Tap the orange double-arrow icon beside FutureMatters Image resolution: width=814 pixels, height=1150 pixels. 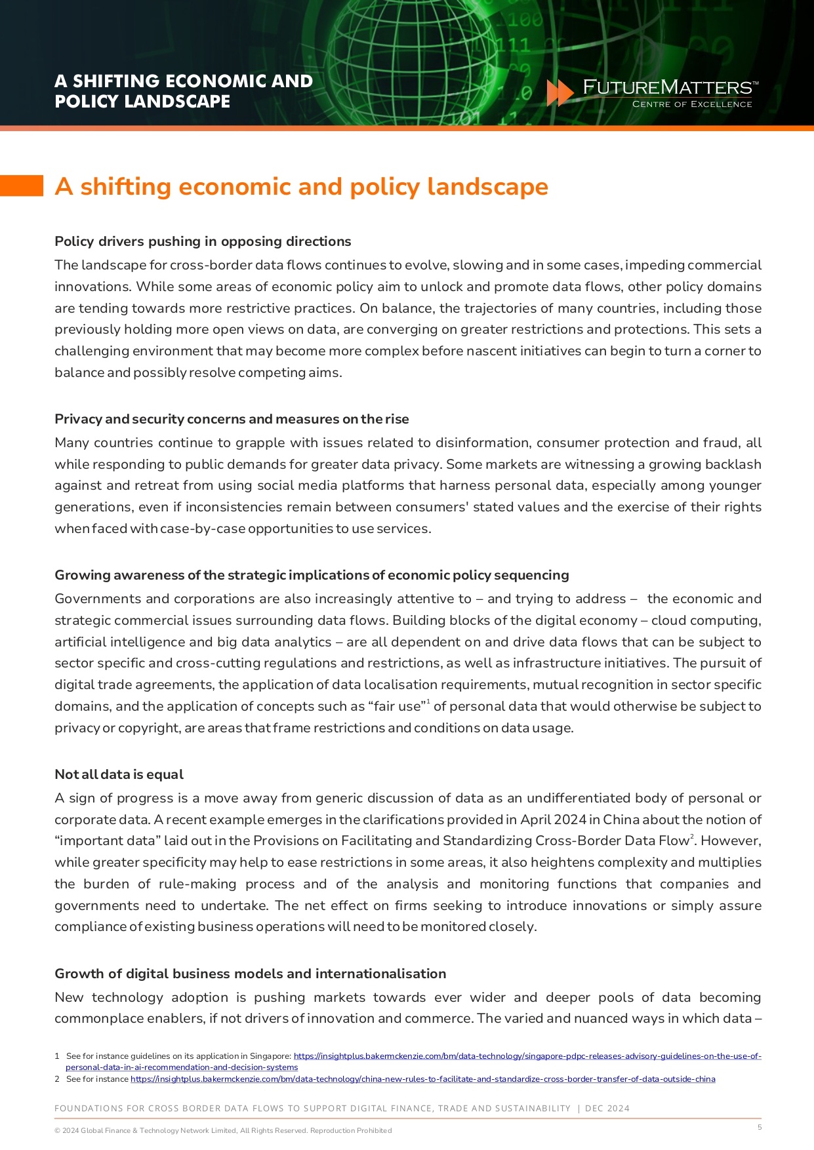[560, 93]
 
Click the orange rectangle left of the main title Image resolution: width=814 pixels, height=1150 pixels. [21, 186]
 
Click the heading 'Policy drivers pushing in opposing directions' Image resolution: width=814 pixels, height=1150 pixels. [203, 241]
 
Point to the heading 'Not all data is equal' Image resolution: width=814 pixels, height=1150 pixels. [119, 774]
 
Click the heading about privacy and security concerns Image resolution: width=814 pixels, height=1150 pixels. [232, 419]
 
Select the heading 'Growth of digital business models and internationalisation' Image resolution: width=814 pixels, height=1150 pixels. [250, 974]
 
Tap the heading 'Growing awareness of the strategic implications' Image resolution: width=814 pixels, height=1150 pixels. [312, 575]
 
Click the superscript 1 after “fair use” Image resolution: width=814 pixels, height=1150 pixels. [428, 702]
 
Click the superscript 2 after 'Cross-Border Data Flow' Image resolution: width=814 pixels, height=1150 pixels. [693, 837]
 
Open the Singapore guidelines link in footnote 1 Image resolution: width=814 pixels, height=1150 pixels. [527, 1056]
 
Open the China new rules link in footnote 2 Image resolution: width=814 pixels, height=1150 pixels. [422, 1079]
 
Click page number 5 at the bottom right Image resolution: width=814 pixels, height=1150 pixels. [760, 1127]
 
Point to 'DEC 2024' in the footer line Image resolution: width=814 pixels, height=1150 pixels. [607, 1109]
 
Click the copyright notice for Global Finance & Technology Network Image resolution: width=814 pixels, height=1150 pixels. [223, 1130]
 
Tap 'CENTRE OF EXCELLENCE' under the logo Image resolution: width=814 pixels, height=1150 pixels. [691, 104]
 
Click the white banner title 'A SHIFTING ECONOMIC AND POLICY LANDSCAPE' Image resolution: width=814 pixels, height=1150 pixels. [184, 91]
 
